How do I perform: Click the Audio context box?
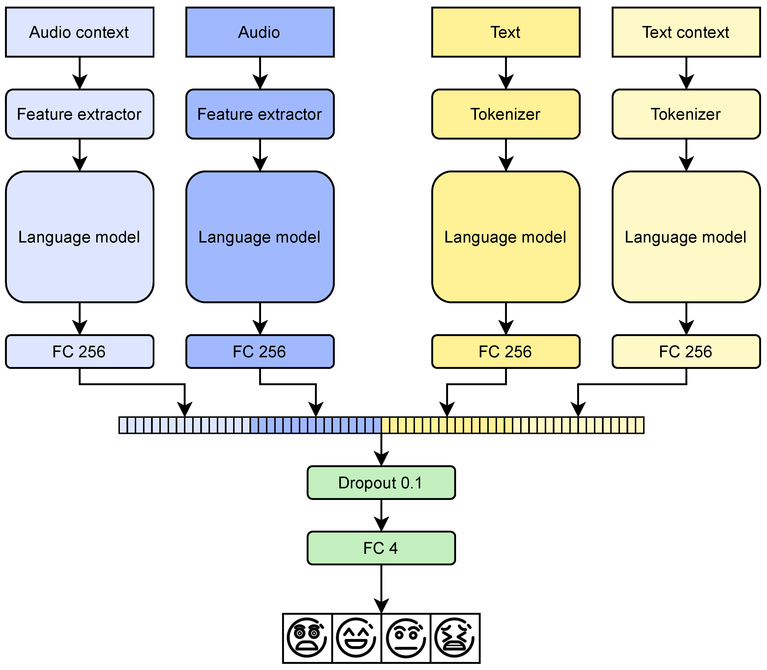click(x=79, y=32)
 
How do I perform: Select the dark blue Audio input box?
click(x=260, y=32)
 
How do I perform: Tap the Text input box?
click(x=506, y=32)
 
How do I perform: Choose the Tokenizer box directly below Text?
click(x=506, y=114)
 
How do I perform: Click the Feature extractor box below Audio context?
click(x=79, y=114)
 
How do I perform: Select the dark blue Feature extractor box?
click(x=260, y=114)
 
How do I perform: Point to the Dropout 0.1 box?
click(x=381, y=483)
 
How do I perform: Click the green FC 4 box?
click(x=381, y=548)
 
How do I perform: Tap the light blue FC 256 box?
click(x=79, y=351)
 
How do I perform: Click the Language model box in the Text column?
click(x=506, y=237)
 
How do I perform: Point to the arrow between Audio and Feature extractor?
click(x=260, y=73)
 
